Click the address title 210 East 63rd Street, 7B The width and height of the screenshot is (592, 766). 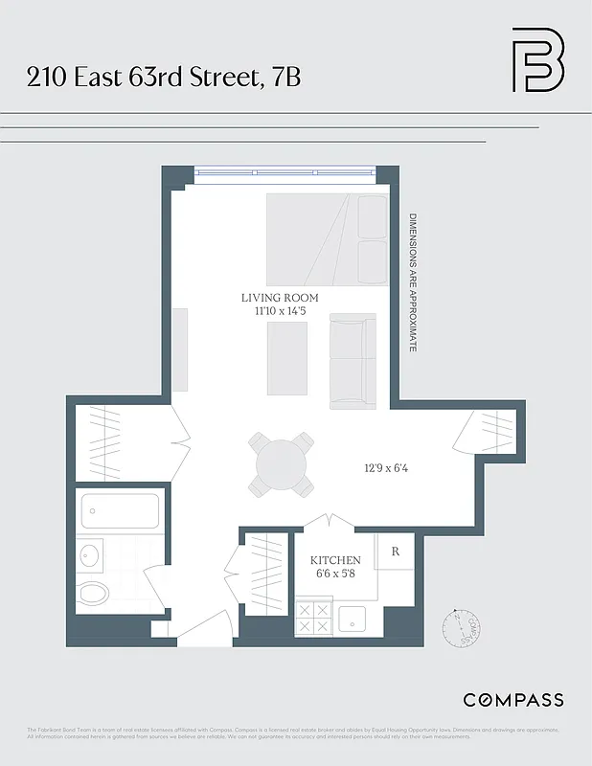164,77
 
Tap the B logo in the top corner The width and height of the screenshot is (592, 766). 537,59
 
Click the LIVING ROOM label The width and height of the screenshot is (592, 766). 280,298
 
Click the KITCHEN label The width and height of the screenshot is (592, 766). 335,560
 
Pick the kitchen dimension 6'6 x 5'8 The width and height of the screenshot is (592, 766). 335,574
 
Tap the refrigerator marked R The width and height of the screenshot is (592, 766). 395,553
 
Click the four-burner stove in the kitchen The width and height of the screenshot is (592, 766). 313,618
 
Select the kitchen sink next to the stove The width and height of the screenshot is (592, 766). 352,618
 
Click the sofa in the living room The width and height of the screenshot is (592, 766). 353,361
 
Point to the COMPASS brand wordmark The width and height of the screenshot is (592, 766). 512,700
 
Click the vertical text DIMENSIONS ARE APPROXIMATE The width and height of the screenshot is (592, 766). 413,282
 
